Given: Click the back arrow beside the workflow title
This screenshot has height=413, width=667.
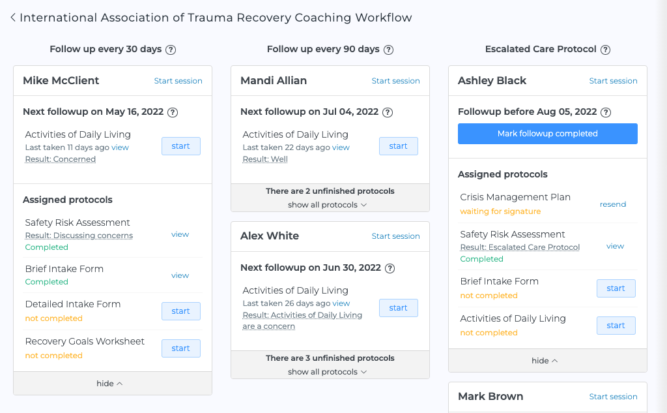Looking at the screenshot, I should (13, 18).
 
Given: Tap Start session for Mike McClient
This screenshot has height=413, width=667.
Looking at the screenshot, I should (178, 81).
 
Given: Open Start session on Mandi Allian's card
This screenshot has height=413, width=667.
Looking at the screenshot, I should (395, 81).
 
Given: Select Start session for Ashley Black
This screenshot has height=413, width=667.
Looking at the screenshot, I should (613, 81).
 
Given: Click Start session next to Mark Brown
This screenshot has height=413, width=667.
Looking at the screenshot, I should (613, 397).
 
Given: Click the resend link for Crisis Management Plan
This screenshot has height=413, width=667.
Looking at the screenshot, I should (612, 204).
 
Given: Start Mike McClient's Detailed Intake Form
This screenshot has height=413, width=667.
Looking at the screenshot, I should (180, 311).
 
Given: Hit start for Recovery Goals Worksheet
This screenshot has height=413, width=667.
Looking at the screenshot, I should (180, 348).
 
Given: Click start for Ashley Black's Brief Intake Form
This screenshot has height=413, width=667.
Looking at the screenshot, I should (616, 288).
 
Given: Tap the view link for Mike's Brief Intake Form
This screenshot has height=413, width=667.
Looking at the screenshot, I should (180, 275).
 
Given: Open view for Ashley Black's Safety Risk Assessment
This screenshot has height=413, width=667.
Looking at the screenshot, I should (615, 246).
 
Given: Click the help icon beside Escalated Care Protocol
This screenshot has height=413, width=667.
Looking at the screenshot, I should (605, 50).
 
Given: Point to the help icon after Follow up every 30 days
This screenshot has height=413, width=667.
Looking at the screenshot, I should (171, 50).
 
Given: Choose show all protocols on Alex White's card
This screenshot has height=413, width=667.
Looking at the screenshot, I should (328, 372).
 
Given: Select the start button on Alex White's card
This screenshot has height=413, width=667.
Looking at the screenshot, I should (398, 308).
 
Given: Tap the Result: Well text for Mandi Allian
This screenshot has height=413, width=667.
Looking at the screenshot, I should (265, 159).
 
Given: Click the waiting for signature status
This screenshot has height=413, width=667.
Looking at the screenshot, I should (500, 211).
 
